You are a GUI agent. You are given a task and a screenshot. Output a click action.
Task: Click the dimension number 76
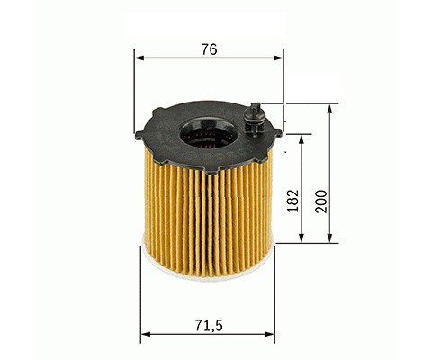209,49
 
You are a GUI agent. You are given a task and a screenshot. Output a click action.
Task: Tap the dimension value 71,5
209,326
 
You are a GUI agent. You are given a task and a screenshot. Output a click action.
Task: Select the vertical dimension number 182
293,201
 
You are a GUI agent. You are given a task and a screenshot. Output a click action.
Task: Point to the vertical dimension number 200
321,202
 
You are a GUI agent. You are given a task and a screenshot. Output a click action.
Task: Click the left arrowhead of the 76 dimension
139,58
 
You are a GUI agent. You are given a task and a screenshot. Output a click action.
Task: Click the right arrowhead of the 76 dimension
278,58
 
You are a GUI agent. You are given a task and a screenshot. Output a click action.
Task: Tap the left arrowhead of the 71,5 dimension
146,334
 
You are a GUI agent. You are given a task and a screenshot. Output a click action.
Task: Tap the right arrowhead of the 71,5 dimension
269,334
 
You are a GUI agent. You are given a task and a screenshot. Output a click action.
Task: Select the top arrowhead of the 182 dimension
301,140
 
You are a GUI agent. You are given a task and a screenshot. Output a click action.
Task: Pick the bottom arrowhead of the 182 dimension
301,238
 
